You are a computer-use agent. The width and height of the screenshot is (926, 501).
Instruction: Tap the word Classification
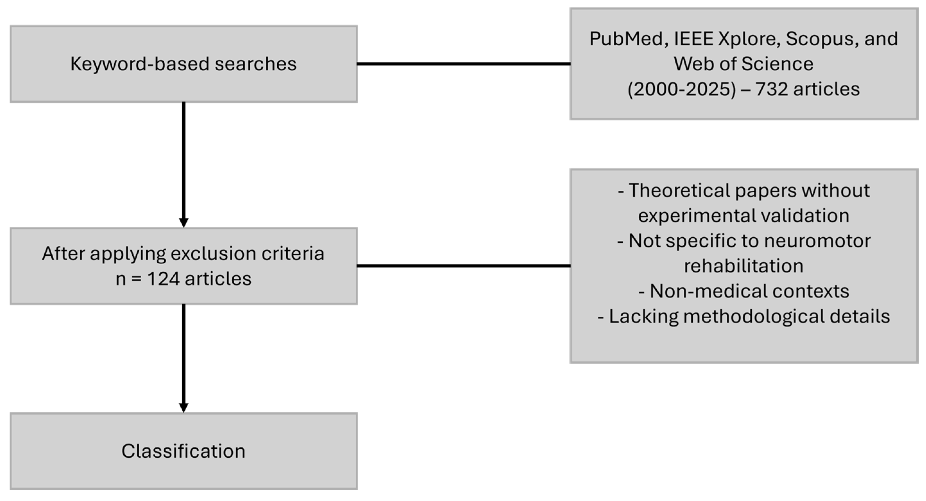coord(183,451)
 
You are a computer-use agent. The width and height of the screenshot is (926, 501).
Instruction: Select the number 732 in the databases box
coord(771,89)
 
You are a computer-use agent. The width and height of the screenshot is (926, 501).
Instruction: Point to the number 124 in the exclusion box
coord(164,279)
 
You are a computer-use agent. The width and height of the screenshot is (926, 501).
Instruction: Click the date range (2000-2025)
coord(681,89)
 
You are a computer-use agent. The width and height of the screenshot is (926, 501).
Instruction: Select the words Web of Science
coord(743,64)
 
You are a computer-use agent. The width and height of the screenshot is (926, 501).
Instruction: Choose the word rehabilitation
coord(743,266)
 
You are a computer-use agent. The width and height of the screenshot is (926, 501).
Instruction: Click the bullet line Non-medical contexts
coord(743,291)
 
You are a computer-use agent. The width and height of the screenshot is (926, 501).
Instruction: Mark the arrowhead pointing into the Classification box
coord(184,408)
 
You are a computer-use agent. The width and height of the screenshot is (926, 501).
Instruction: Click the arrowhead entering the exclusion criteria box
coord(184,223)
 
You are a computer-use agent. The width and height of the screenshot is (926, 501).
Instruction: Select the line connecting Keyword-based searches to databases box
coord(463,64)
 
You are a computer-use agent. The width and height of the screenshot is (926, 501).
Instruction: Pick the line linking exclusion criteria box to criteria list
coord(463,266)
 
